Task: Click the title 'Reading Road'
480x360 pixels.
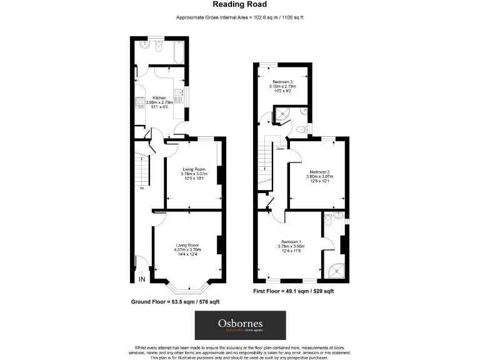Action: [x=239, y=5]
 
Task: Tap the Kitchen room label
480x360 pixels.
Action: [x=160, y=97]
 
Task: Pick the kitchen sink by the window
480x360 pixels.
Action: [x=179, y=97]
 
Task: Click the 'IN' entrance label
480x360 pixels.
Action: [x=142, y=279]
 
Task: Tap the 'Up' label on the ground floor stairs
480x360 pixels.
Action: [x=142, y=188]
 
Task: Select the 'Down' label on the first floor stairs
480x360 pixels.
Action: [x=281, y=149]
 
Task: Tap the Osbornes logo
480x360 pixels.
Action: [x=240, y=325]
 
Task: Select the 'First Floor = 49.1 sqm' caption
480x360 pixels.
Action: [x=294, y=291]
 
